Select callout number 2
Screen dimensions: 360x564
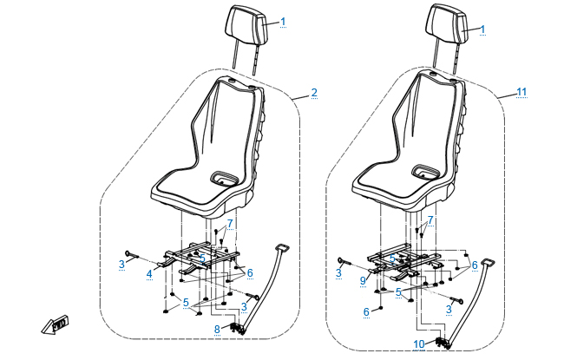[x=314, y=92]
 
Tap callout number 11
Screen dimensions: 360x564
[x=521, y=91]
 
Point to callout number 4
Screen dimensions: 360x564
[x=149, y=273]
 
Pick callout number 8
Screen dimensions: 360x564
[x=217, y=329]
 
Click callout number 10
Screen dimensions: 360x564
[x=420, y=344]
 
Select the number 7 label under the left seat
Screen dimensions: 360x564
[x=230, y=225]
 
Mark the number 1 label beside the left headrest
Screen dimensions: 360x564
[x=282, y=21]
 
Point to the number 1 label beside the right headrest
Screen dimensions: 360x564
[x=482, y=29]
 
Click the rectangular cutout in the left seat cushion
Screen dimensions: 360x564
[x=225, y=178]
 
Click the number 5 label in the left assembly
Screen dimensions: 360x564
[x=186, y=304]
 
